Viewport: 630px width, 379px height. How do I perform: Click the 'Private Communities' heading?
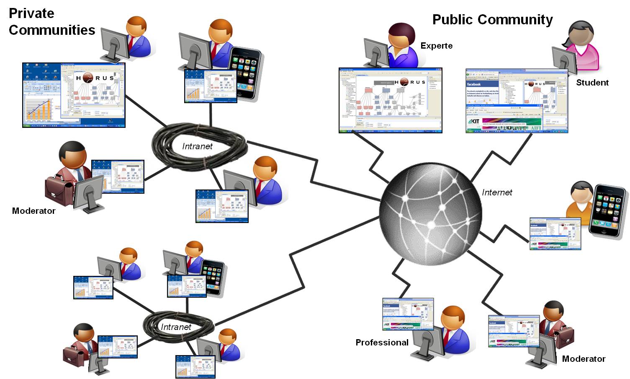(51, 22)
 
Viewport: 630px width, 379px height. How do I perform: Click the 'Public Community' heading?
(492, 20)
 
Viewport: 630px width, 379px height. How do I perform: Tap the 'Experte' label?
(436, 46)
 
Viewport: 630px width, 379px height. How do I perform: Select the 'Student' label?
(592, 83)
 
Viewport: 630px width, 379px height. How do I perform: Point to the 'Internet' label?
(497, 192)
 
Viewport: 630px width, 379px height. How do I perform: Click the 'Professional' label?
(382, 343)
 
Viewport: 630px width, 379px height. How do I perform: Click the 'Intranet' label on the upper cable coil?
(197, 146)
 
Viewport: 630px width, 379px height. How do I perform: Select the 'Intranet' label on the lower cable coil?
(176, 327)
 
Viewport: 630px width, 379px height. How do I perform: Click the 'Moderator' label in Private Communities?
(33, 211)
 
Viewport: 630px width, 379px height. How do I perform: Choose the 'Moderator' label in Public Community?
(584, 359)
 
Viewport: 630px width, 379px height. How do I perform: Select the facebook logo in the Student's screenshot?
(474, 84)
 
